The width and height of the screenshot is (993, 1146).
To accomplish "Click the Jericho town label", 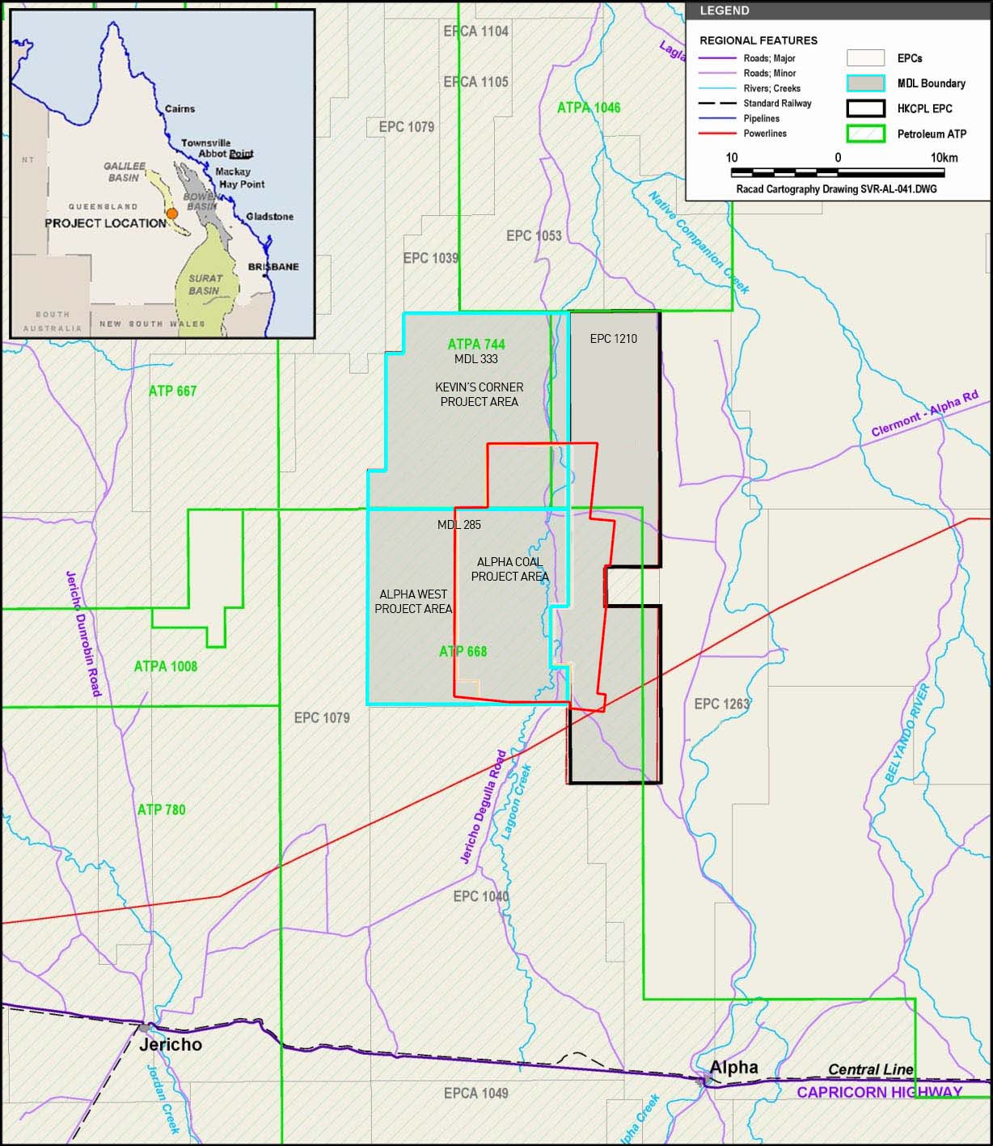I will pyautogui.click(x=171, y=1044).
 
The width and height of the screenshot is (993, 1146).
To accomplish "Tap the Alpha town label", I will pyautogui.click(x=734, y=1067).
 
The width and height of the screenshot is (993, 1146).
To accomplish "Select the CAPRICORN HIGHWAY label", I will pyautogui.click(x=879, y=1092).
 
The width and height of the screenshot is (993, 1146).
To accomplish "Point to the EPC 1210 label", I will pyautogui.click(x=614, y=339).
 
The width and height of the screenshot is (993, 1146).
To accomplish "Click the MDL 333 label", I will pyautogui.click(x=476, y=359).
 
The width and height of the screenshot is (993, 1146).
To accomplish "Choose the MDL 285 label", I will pyautogui.click(x=459, y=525).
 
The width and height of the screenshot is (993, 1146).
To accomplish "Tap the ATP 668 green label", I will pyautogui.click(x=463, y=651).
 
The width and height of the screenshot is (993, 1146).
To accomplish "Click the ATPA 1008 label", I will pyautogui.click(x=166, y=666).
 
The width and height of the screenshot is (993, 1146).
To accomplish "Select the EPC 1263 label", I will pyautogui.click(x=722, y=704).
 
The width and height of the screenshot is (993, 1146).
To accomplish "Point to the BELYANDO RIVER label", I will pyautogui.click(x=907, y=733).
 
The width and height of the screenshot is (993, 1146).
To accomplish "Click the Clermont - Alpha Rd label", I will pyautogui.click(x=924, y=414).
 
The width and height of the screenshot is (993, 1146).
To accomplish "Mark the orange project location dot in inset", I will pyautogui.click(x=171, y=214).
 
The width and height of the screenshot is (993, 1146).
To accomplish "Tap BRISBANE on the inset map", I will pyautogui.click(x=273, y=267).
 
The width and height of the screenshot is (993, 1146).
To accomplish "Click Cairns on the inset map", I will pyautogui.click(x=180, y=108).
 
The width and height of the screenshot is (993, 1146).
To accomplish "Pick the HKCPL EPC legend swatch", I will pyautogui.click(x=865, y=108).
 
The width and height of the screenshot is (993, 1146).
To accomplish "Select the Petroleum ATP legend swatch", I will pyautogui.click(x=865, y=134).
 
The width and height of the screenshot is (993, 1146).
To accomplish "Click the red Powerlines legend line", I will pyautogui.click(x=717, y=133).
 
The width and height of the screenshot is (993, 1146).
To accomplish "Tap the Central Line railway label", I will pyautogui.click(x=870, y=1069).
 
